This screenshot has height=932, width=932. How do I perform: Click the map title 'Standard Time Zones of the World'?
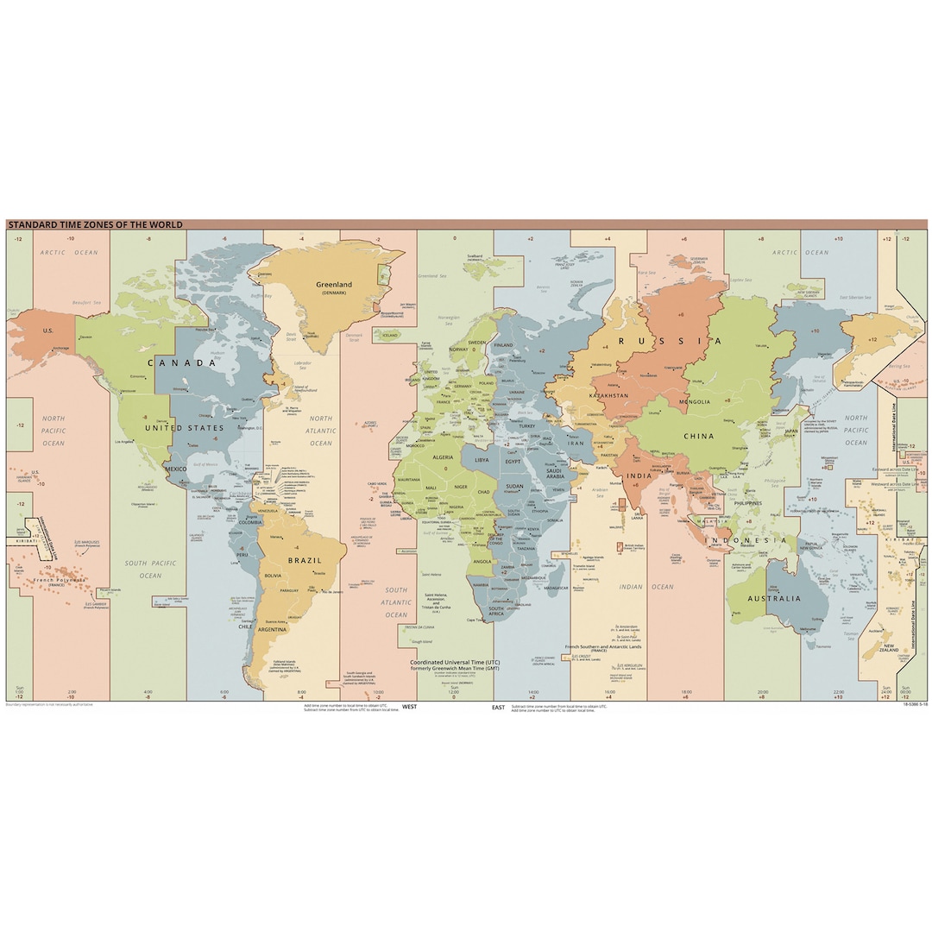[95, 224]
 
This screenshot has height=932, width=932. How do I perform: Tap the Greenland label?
[333, 285]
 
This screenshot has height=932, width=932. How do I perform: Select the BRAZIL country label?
[305, 560]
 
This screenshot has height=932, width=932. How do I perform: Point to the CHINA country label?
[699, 436]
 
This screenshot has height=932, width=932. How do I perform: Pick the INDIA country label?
[639, 475]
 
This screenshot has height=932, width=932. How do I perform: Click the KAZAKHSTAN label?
[607, 395]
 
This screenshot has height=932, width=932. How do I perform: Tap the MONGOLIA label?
[696, 401]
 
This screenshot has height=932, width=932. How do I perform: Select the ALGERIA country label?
[442, 457]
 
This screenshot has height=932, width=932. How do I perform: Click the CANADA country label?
[181, 362]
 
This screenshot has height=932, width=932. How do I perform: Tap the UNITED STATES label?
[184, 428]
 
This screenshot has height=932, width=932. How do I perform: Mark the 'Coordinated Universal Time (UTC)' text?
[455, 661]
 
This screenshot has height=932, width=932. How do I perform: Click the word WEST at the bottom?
[410, 707]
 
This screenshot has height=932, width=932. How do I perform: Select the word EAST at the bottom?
[498, 707]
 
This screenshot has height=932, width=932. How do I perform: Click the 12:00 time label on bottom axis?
[455, 692]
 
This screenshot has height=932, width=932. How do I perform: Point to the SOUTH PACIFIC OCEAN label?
[150, 570]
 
